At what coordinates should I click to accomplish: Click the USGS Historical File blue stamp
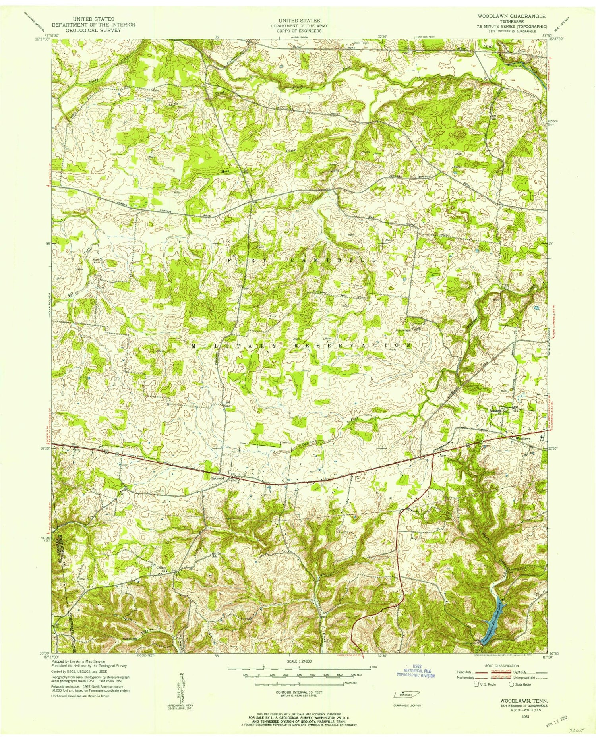coord(416,672)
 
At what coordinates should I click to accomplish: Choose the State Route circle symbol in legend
coord(511,684)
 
